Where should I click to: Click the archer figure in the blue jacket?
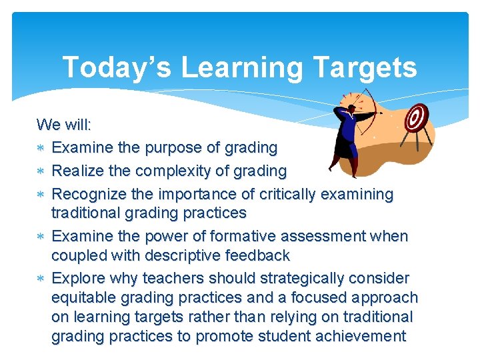pyautogui.click(x=348, y=137)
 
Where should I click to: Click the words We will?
pyautogui.click(x=64, y=125)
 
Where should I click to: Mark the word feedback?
pyautogui.click(x=257, y=256)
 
